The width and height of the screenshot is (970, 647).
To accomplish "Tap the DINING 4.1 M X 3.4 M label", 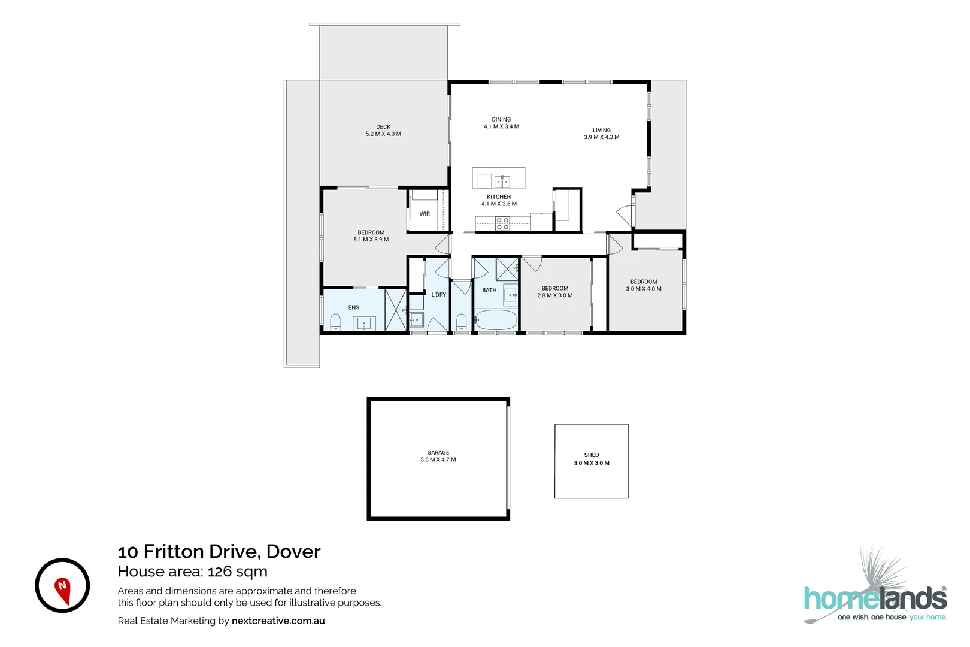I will tap(501, 123).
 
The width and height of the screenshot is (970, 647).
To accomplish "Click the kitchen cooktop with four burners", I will tap(502, 224).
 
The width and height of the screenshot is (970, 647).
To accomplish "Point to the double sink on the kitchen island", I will tap(502, 180).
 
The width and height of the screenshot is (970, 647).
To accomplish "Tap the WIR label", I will tap(425, 214).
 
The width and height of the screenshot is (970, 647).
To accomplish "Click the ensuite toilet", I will tap(335, 323).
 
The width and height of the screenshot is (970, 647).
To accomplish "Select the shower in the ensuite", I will tap(395, 310).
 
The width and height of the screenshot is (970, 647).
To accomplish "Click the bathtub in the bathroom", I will tap(495, 320).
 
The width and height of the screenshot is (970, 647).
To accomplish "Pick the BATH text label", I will tap(489, 290).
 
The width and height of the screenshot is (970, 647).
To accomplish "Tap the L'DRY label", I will tap(438, 295).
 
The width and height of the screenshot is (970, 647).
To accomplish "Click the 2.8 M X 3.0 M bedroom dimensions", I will tap(555, 295).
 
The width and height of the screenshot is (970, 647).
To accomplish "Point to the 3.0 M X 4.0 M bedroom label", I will tap(644, 285).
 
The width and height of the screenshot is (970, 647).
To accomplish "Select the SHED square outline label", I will tap(591, 459).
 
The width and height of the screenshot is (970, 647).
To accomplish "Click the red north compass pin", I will tap(62, 589).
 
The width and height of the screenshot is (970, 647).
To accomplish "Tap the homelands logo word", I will tap(874, 599).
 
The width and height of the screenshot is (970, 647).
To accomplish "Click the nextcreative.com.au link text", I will tap(278, 621).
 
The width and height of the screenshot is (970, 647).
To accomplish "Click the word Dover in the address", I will tap(293, 551).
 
